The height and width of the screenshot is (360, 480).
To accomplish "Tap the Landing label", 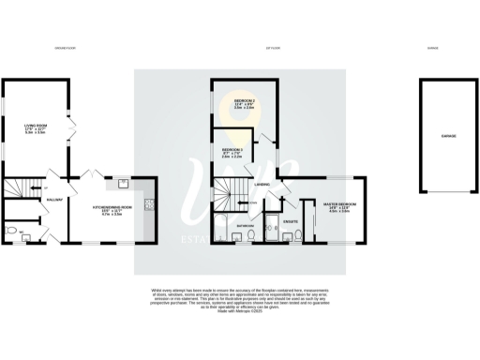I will tap(264, 185).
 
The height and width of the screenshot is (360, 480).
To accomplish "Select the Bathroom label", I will tap(247, 226).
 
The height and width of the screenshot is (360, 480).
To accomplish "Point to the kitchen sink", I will tap(121, 182).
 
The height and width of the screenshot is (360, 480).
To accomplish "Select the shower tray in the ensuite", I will tap(273, 231).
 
